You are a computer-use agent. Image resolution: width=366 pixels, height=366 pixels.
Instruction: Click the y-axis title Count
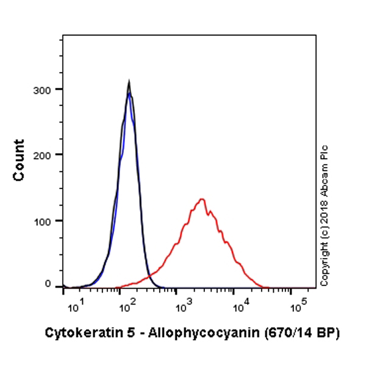[19, 160]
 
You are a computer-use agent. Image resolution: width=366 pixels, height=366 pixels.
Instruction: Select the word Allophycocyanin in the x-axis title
[195, 333]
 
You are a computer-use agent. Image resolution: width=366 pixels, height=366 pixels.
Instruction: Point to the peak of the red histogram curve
[202, 199]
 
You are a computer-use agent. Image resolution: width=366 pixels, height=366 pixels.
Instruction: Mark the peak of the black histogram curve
[129, 81]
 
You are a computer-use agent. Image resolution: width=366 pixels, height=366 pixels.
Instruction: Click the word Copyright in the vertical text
[325, 263]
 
